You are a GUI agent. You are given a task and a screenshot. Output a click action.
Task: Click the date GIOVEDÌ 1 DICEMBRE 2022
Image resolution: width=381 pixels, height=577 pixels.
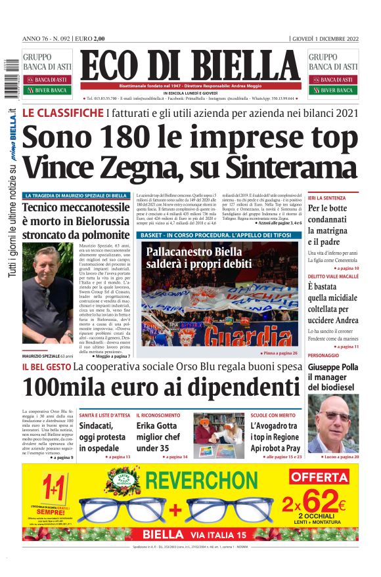(x=325, y=39)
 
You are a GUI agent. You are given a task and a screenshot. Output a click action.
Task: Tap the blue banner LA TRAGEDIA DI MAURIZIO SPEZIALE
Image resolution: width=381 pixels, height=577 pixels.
(x=76, y=196)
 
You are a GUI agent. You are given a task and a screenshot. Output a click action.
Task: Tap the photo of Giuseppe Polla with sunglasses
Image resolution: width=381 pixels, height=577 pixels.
(x=333, y=423)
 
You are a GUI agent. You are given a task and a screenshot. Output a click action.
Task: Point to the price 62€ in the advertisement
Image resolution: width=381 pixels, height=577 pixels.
(x=325, y=502)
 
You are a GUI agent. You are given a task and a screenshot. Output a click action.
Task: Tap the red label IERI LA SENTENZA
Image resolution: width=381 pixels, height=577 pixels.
(x=326, y=198)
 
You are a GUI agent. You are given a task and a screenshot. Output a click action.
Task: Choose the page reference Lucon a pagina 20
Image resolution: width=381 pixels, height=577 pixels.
(x=338, y=456)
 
